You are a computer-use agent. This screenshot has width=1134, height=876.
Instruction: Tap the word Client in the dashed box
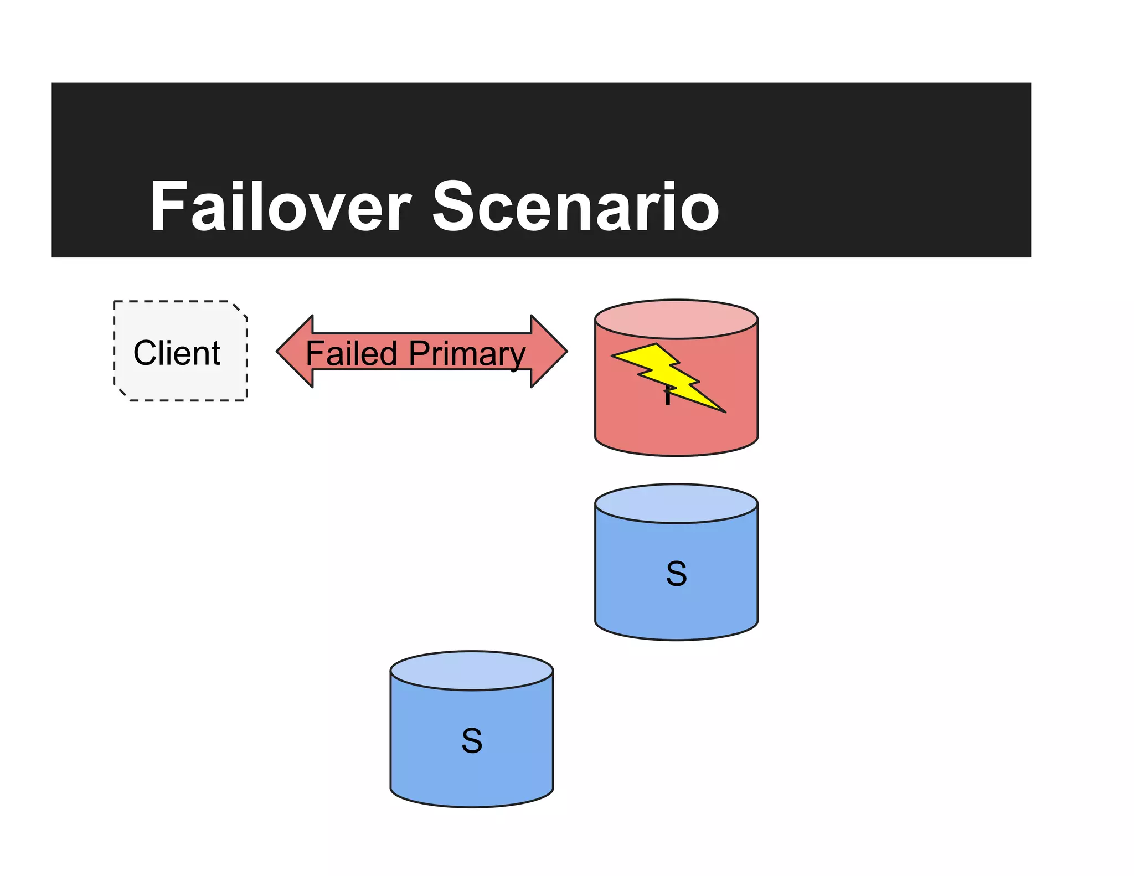[x=177, y=353]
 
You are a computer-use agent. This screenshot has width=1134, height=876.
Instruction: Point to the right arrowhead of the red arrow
[x=549, y=351]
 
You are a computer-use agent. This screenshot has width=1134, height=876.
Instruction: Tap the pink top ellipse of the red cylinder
[x=676, y=320]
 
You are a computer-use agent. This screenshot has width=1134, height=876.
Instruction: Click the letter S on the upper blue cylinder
[x=676, y=574]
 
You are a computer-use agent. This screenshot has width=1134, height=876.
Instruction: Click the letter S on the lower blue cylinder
[x=472, y=741]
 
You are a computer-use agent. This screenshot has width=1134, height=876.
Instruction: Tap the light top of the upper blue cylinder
[x=676, y=503]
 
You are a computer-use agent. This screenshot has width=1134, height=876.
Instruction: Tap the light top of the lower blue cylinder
[x=472, y=671]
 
